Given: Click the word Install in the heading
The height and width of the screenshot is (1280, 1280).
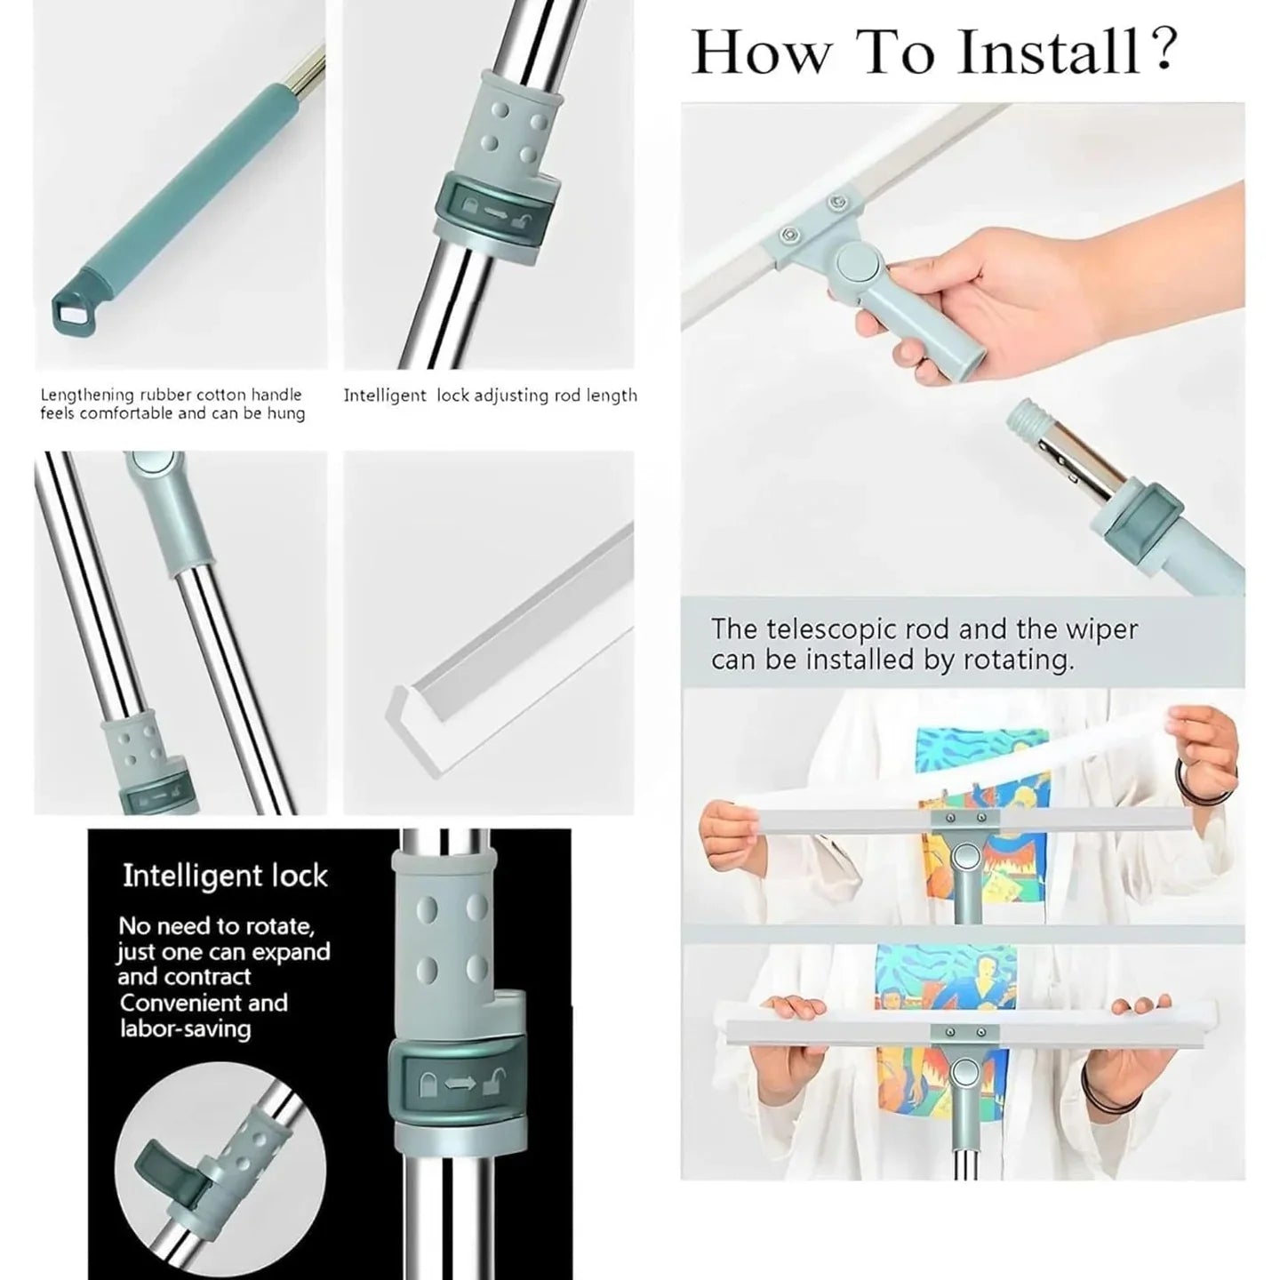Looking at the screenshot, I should tap(1048, 52).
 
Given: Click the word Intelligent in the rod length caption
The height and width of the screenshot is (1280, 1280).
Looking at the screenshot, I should tap(386, 396).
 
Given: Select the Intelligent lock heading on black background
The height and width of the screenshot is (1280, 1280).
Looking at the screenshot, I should tap(225, 876).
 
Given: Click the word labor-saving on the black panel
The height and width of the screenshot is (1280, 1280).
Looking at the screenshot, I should tap(186, 1029).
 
